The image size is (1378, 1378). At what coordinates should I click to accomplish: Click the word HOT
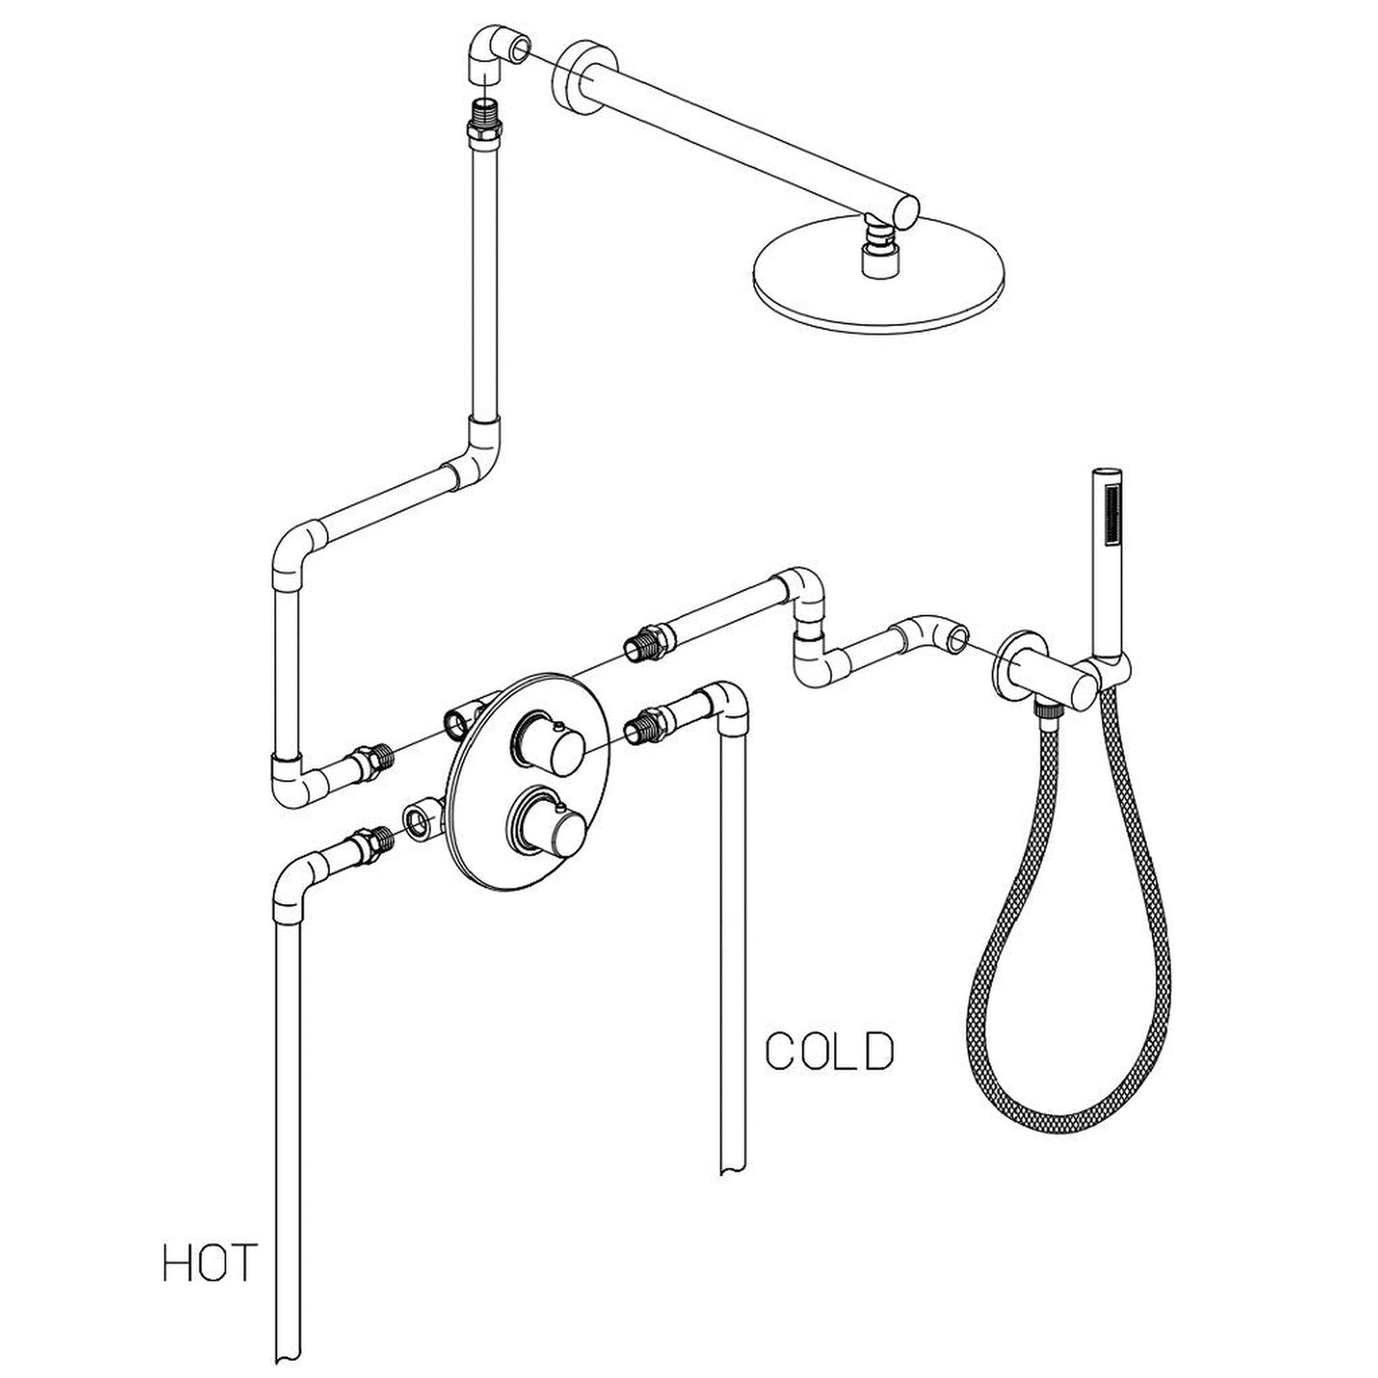209,1263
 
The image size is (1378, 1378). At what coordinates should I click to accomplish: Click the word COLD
830,1051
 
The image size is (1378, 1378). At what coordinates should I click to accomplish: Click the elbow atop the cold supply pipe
729,707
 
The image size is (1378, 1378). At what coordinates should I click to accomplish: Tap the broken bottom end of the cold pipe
734,1166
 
